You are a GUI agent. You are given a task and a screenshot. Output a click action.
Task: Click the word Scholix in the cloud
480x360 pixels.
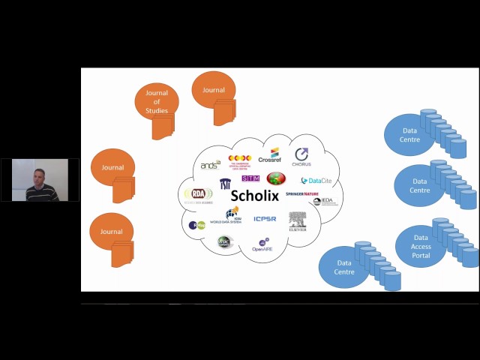tap(254, 196)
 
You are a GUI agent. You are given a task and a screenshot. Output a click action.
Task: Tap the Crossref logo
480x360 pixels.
tap(270, 156)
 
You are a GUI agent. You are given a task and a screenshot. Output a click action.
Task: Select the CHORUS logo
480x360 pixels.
tap(301, 157)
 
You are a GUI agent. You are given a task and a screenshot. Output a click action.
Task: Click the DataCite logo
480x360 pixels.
tap(316, 181)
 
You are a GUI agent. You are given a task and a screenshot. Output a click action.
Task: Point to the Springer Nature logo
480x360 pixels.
tap(302, 194)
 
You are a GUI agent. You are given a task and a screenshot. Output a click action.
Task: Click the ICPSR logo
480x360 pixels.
tap(265, 219)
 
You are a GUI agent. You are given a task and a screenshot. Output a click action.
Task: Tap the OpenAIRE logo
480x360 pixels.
tap(262, 244)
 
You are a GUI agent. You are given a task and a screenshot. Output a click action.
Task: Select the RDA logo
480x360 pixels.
tap(199, 195)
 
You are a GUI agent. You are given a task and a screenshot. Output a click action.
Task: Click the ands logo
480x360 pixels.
tap(210, 165)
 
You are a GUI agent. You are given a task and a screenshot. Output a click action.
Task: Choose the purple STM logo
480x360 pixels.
tap(250, 178)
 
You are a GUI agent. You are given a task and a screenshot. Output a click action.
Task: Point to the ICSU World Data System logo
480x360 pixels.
tap(229, 215)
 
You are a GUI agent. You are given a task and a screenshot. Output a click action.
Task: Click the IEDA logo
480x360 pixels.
tap(324, 201)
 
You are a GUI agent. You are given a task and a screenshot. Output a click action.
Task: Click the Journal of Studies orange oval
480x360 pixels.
tap(157, 102)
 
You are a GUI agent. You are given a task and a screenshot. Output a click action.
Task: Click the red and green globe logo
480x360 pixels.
tap(277, 178)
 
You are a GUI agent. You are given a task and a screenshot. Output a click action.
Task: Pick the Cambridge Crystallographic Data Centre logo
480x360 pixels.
tap(239, 160)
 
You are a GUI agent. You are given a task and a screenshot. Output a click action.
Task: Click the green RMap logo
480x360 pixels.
tap(196, 225)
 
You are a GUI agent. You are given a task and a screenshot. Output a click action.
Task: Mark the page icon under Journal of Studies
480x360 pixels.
tap(163, 127)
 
